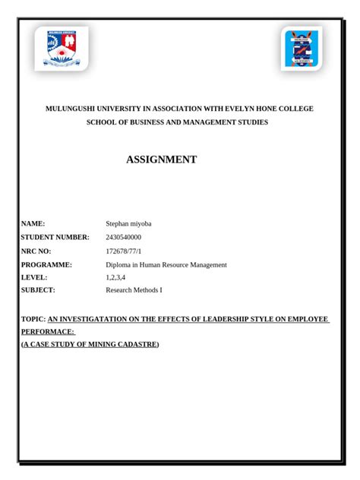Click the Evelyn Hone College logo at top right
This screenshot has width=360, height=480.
[x=302, y=49]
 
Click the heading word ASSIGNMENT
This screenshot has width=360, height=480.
[x=160, y=159]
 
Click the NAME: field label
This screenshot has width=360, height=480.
[x=34, y=223]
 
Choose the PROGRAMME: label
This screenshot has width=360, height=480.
[x=47, y=264]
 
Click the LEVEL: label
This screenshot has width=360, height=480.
[x=35, y=277]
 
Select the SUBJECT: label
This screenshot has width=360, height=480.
[x=39, y=291]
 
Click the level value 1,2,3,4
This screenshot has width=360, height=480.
[x=115, y=277]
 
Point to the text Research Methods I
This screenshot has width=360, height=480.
[x=134, y=291]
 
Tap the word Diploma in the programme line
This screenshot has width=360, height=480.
[x=119, y=264]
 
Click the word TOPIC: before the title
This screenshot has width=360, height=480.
[x=33, y=320]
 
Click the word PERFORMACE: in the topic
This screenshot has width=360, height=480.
[x=48, y=332]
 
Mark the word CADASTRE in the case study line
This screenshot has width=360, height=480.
[x=132, y=344]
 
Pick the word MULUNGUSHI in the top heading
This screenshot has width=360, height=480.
[x=74, y=109]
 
